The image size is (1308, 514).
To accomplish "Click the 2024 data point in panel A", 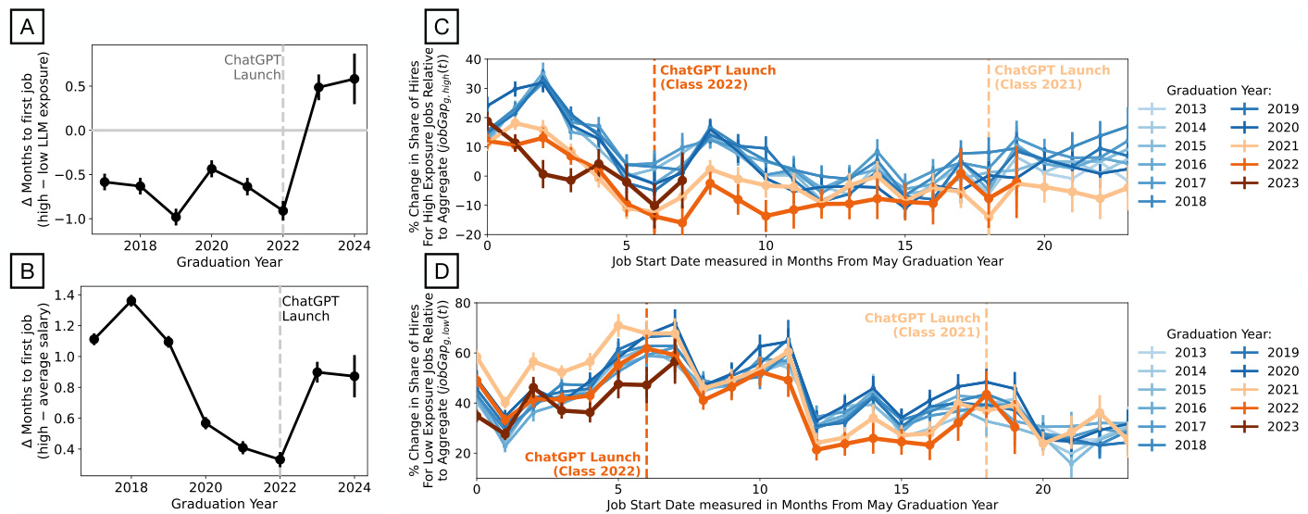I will click(x=354, y=79).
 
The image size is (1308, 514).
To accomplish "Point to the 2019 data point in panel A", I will click(x=176, y=218).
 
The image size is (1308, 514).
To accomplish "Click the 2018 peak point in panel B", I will click(x=131, y=300).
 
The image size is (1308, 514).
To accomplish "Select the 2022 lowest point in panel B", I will click(x=280, y=459).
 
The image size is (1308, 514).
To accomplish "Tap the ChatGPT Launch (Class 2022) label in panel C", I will click(x=717, y=78).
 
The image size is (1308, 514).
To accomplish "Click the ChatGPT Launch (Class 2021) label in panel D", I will click(x=922, y=325).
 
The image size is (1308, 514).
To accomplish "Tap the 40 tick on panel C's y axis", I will click(x=471, y=59).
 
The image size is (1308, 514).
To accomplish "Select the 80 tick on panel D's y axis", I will click(x=461, y=303).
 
